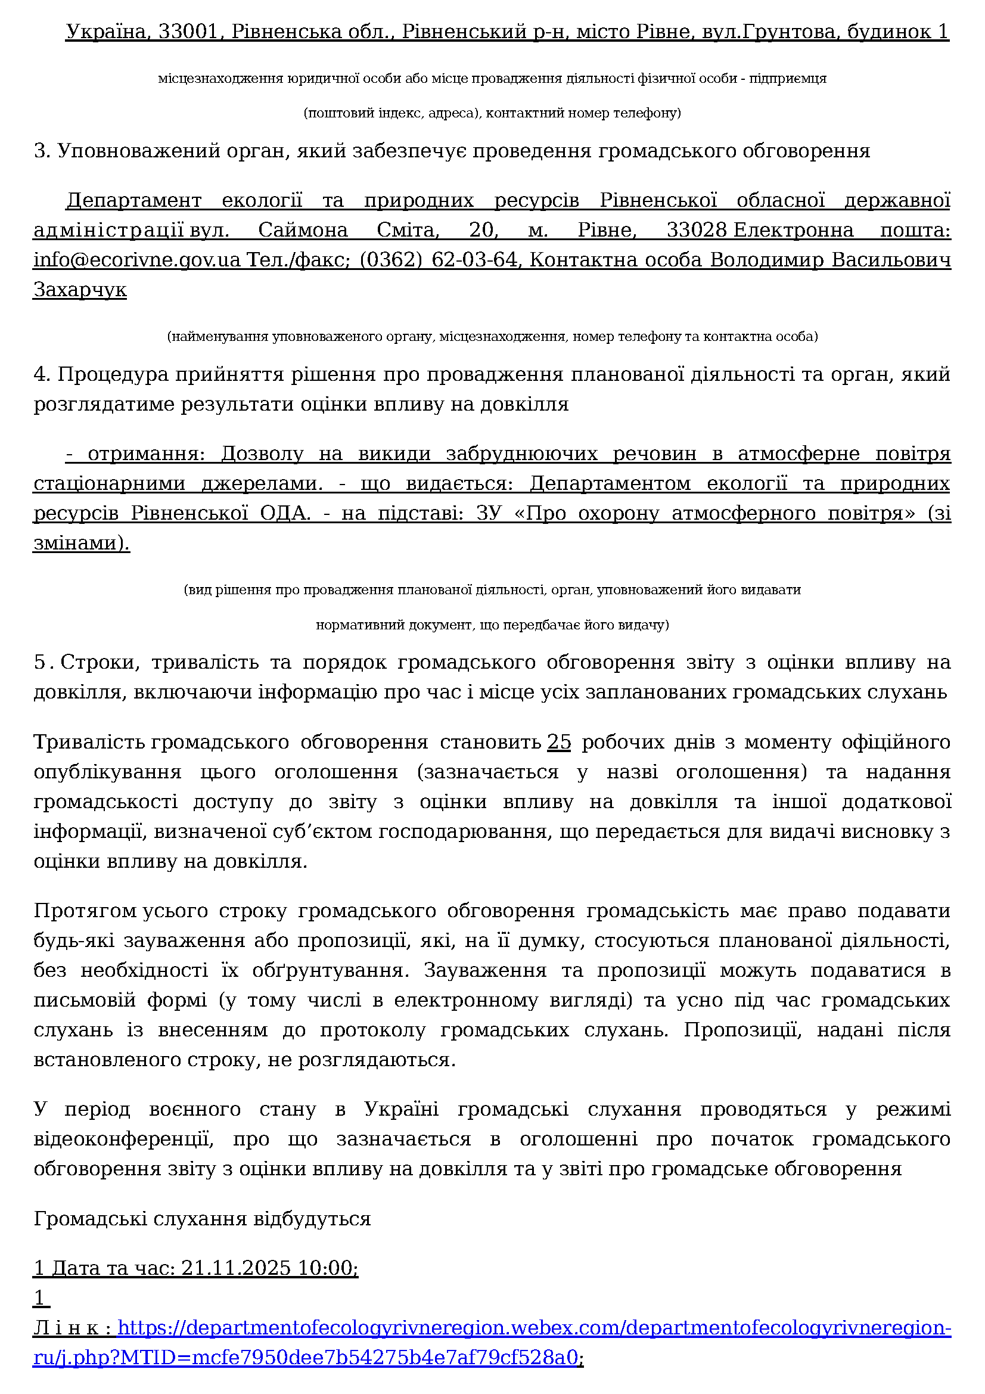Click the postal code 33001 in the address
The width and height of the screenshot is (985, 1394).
point(188,32)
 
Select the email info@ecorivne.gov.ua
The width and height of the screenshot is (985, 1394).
point(137,260)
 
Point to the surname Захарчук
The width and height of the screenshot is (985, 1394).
point(80,290)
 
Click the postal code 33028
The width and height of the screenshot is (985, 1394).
point(696,230)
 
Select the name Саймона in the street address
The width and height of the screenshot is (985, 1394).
point(303,230)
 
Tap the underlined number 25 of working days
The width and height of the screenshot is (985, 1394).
point(559,742)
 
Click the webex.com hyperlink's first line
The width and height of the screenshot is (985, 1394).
point(534,1328)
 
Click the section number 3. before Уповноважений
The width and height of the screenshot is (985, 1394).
point(42,151)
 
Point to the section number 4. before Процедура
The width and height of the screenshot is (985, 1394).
point(42,375)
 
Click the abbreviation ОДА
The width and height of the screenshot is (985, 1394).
point(285,513)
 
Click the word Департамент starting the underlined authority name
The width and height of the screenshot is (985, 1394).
point(133,200)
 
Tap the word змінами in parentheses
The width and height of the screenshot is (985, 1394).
point(79,543)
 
